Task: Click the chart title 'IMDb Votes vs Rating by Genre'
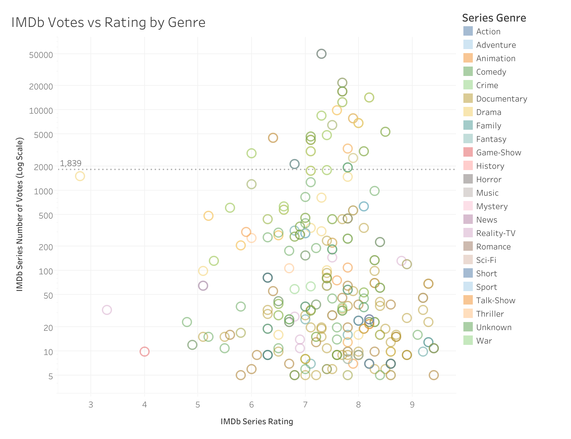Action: tap(108, 23)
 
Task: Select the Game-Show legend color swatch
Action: tap(468, 152)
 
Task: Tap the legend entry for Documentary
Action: tap(501, 99)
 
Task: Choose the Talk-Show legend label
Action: tap(496, 301)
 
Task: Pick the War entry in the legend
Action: tap(484, 341)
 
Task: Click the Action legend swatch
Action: tap(468, 31)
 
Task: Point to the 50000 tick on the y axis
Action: tap(41, 55)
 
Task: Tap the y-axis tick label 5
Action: tap(50, 376)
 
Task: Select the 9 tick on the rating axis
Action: tap(412, 405)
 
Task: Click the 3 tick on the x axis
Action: tap(91, 405)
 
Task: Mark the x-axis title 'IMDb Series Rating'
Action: tap(257, 422)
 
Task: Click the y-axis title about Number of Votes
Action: tap(20, 214)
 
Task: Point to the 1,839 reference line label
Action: tap(71, 163)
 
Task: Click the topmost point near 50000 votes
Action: tap(321, 54)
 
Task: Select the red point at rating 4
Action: tap(145, 352)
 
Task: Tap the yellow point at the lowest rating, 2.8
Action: tap(80, 176)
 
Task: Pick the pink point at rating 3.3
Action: tap(107, 310)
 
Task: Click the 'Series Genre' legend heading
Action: tap(494, 18)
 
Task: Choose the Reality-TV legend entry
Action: tap(496, 233)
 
